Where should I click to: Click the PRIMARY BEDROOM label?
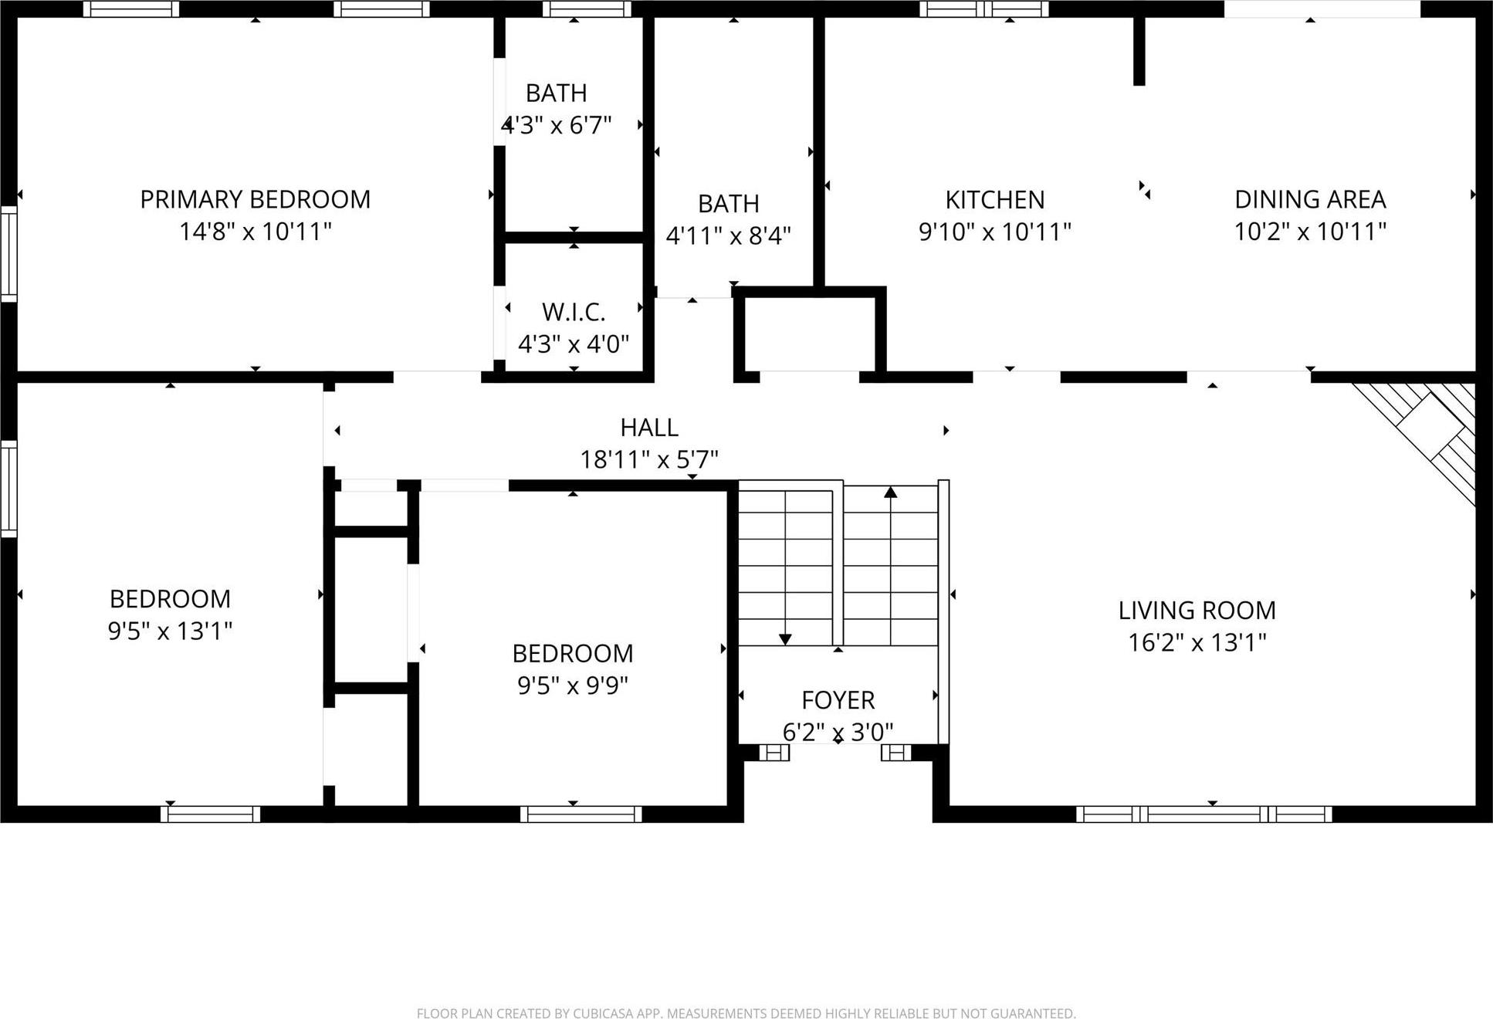pyautogui.click(x=255, y=199)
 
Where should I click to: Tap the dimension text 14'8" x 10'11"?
pyautogui.click(x=255, y=231)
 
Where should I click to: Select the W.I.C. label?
pyautogui.click(x=573, y=312)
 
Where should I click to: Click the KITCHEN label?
pyautogui.click(x=994, y=200)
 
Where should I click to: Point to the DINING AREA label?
pyautogui.click(x=1310, y=199)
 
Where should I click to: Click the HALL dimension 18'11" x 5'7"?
pyautogui.click(x=648, y=460)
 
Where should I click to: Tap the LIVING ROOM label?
pyautogui.click(x=1197, y=611)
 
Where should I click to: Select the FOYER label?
pyautogui.click(x=838, y=700)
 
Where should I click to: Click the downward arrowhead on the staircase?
pyautogui.click(x=785, y=639)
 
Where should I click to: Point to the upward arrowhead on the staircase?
pyautogui.click(x=891, y=492)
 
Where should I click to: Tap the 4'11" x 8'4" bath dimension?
pyautogui.click(x=728, y=235)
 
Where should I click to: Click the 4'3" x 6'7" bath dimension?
pyautogui.click(x=557, y=125)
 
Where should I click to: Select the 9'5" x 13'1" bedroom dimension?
pyautogui.click(x=170, y=631)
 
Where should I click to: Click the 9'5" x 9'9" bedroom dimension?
pyautogui.click(x=572, y=685)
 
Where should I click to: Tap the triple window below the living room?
pyautogui.click(x=1204, y=814)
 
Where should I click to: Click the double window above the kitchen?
pyautogui.click(x=983, y=9)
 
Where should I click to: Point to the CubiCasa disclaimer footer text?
pyautogui.click(x=746, y=1013)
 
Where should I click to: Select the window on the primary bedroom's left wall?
pyautogui.click(x=8, y=253)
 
